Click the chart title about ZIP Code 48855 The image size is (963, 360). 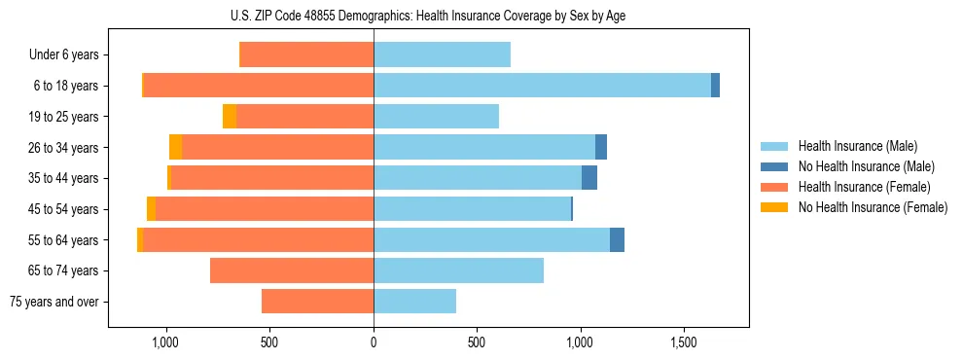coord(428,16)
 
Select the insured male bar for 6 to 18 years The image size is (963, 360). coord(542,86)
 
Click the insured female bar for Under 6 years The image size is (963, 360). coord(306,55)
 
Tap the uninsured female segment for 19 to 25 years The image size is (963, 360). coord(230,117)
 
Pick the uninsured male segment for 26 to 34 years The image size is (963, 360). coord(601,147)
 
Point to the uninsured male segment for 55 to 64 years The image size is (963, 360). coord(617,239)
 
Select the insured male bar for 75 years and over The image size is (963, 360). coord(414,302)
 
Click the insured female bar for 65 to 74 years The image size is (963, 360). coord(292,270)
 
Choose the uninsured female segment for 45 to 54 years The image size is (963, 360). coord(151,209)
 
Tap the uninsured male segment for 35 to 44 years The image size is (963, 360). coord(589,178)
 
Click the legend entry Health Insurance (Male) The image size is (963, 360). coord(857,146)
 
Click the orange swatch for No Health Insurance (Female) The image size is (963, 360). coord(774,207)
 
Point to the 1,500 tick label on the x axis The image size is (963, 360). coord(684,342)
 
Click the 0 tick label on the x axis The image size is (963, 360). coord(374,342)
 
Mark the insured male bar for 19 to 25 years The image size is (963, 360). coord(436,117)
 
